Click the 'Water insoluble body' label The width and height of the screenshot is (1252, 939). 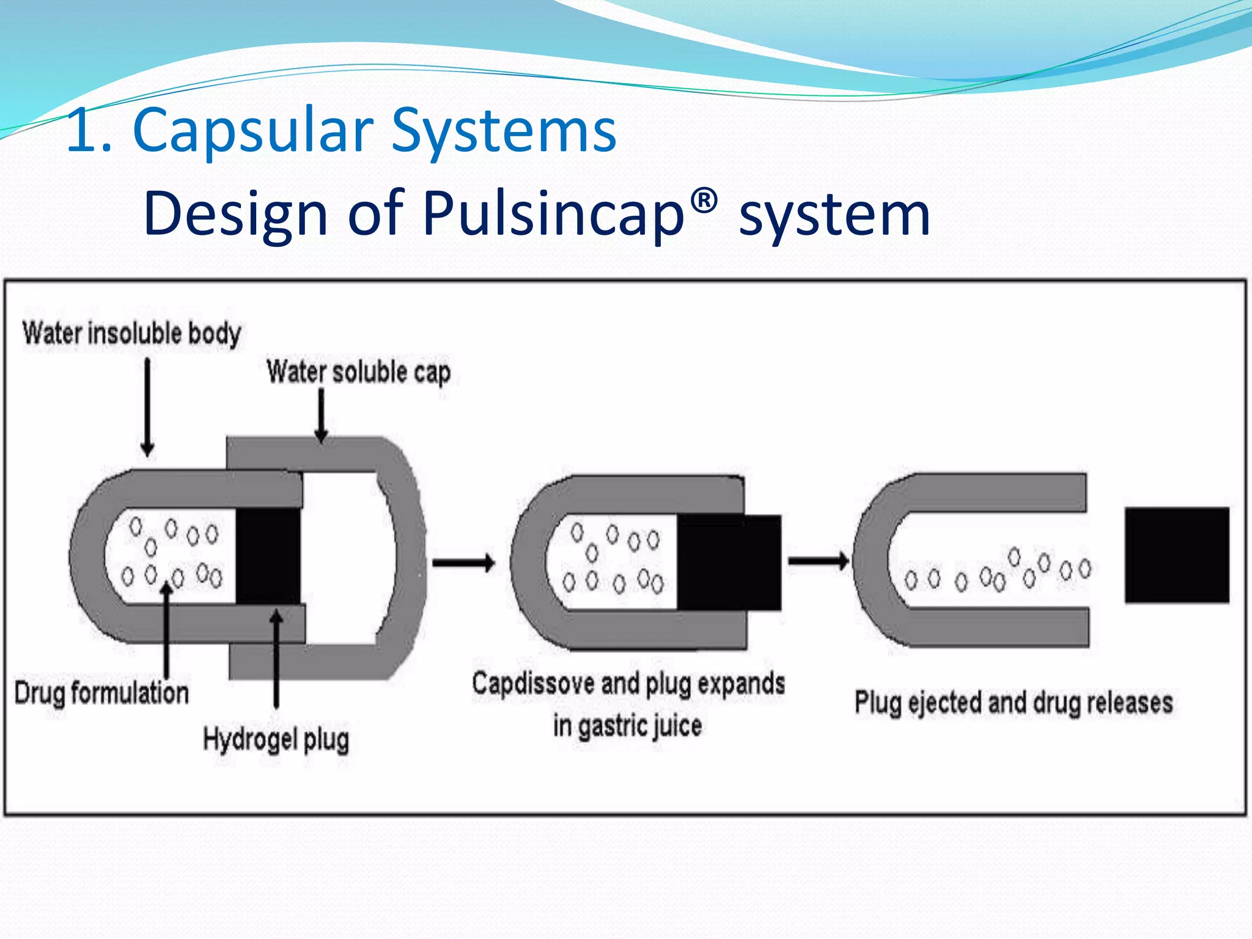[131, 334]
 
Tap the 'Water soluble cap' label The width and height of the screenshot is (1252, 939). [358, 372]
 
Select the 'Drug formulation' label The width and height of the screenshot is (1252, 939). [101, 693]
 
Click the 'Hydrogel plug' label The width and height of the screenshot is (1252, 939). [276, 740]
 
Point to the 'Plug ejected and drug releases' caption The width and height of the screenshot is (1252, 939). [1013, 702]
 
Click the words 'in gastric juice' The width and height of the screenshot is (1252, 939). [627, 726]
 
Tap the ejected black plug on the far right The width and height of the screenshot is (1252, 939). [1177, 555]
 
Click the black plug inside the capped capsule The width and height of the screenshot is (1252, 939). [268, 556]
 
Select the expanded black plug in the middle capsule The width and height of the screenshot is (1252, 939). [729, 562]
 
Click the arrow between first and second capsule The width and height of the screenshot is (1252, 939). [463, 562]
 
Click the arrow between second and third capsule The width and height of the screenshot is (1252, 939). [818, 560]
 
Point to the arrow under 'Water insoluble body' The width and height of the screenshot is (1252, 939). [147, 407]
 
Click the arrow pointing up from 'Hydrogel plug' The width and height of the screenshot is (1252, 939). [276, 657]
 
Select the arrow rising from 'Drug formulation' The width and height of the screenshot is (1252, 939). [166, 630]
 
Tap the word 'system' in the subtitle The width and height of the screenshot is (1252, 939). [834, 214]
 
